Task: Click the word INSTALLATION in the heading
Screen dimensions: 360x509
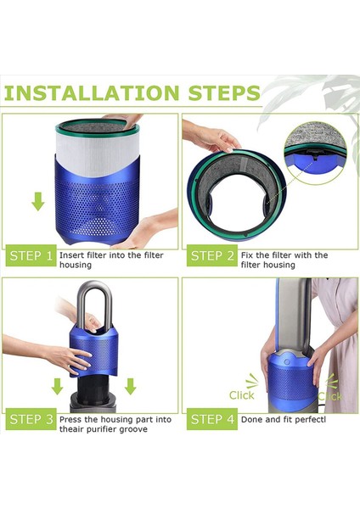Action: pos(92,92)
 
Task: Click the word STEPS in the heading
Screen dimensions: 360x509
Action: pos(224,92)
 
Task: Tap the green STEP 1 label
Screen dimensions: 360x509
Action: pos(31,256)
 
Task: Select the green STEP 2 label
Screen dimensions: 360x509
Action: pos(212,256)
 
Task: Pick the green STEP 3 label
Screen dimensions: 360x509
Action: pos(31,419)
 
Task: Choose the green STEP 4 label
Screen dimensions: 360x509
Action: pos(212,419)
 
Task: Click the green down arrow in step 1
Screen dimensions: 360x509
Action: pos(38,202)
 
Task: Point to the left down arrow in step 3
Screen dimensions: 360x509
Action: pos(58,386)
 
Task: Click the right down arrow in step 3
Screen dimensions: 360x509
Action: pos(130,386)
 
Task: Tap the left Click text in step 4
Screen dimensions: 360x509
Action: pos(241,395)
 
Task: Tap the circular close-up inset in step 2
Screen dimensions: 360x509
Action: pos(315,153)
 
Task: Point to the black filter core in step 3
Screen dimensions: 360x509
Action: pos(94,389)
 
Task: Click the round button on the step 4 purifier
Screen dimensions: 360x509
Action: pos(287,361)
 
